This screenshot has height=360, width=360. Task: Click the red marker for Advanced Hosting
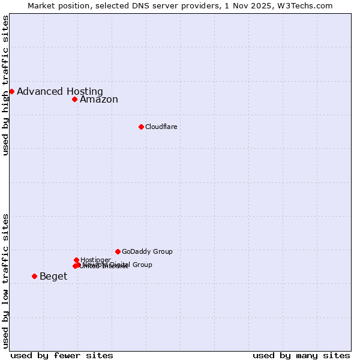(x=11, y=91)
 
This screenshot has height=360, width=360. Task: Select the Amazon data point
(x=74, y=99)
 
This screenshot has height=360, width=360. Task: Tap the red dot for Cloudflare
(x=141, y=127)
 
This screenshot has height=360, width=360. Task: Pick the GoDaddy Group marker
(x=118, y=251)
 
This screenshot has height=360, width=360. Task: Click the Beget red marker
(x=34, y=276)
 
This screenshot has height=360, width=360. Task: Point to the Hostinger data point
(x=76, y=260)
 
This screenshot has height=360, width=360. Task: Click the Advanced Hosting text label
(x=60, y=91)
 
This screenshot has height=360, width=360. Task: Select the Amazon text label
(x=99, y=100)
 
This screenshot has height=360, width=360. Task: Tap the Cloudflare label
(x=161, y=127)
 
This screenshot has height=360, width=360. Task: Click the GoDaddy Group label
(x=147, y=251)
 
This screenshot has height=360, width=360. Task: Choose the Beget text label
(x=53, y=276)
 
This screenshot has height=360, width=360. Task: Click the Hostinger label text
(x=96, y=260)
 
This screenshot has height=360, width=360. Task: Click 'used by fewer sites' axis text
(x=62, y=355)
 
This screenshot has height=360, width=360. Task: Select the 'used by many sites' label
(x=301, y=355)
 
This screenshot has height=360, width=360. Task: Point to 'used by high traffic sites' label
(x=5, y=86)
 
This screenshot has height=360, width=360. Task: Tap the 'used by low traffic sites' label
(x=5, y=280)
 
